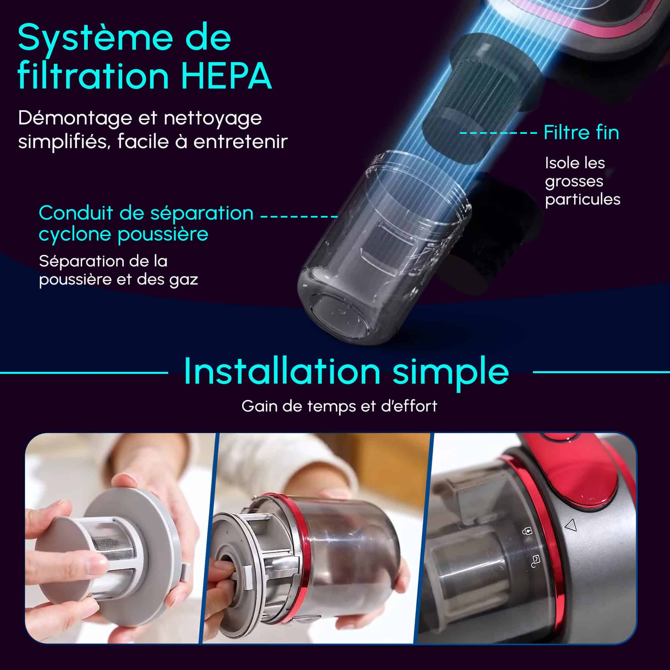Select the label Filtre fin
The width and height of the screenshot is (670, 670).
click(x=581, y=132)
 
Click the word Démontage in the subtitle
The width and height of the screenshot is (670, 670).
click(x=75, y=119)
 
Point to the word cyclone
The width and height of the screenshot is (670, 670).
click(x=75, y=234)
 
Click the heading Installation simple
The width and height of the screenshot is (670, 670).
click(x=346, y=372)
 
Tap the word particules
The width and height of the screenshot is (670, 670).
click(x=583, y=200)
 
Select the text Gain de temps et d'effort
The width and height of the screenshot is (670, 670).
click(x=339, y=406)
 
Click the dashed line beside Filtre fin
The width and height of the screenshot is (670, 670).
click(x=498, y=133)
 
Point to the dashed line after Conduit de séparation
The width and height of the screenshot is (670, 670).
click(x=299, y=216)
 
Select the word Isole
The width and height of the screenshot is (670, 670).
click(x=560, y=163)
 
